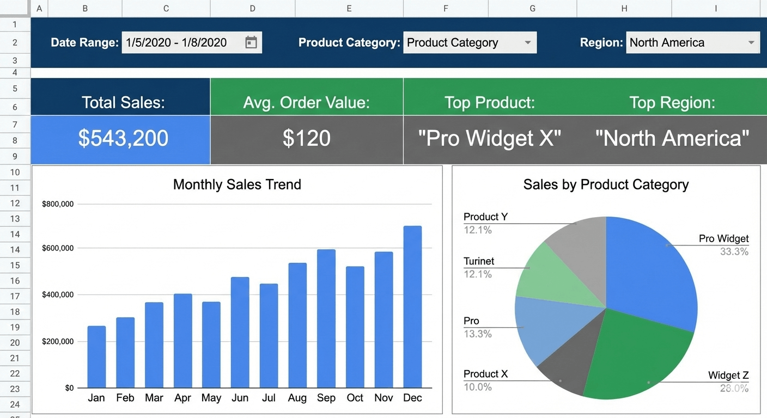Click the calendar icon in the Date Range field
(x=251, y=42)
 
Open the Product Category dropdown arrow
(x=527, y=42)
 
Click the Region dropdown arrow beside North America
(x=751, y=42)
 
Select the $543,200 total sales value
(x=123, y=138)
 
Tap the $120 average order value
(x=306, y=138)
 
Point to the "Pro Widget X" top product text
(x=489, y=138)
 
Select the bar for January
(x=96, y=356)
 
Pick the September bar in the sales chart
(x=326, y=318)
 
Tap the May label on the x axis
(x=211, y=398)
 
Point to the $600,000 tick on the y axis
(x=58, y=248)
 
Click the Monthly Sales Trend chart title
(x=237, y=185)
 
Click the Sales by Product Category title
(x=606, y=185)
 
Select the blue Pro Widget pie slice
(x=648, y=267)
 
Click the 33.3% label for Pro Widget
(x=734, y=251)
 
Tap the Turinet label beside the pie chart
(x=479, y=261)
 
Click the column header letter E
(x=349, y=8)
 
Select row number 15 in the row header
(x=15, y=265)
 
